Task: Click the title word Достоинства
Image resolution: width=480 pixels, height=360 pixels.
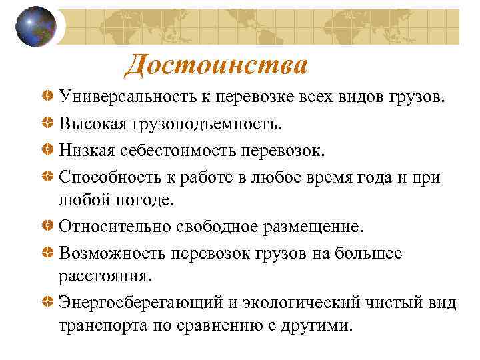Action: click(x=216, y=65)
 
